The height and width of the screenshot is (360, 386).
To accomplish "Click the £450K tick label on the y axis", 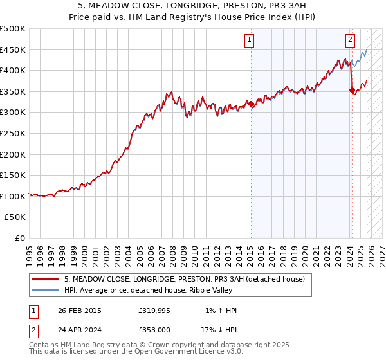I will click(13, 50).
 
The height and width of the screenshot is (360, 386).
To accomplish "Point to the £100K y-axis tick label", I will click(13, 196).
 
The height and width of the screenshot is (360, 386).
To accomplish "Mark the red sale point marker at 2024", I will click(352, 91).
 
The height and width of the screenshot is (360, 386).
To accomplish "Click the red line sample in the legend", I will click(45, 279).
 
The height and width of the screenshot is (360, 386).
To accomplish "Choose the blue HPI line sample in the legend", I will click(45, 290).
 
